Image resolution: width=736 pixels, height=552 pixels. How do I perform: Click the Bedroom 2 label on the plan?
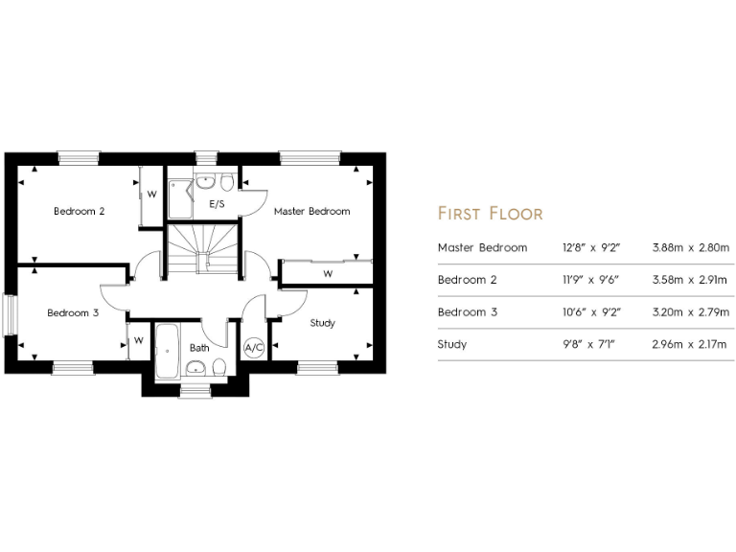tap(79, 211)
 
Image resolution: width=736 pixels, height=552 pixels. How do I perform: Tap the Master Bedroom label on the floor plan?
tap(311, 211)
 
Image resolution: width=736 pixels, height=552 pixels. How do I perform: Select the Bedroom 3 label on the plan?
tap(73, 312)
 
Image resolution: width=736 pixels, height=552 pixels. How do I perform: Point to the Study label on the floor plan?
tap(323, 323)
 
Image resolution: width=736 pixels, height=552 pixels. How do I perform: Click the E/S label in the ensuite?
tap(217, 205)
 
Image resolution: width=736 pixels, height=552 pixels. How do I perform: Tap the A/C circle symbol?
tap(254, 348)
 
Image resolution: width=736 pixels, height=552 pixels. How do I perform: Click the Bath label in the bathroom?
tap(199, 348)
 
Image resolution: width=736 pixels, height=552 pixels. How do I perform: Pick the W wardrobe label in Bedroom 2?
tap(151, 195)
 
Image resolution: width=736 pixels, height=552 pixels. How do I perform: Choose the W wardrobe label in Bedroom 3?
tap(139, 340)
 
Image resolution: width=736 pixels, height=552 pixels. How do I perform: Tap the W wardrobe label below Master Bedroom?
tap(328, 274)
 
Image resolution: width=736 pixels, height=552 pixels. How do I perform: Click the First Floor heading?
tap(490, 213)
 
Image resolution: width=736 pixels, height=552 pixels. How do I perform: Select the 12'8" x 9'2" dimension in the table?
tap(591, 247)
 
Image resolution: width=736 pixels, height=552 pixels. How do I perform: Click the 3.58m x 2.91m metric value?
tap(690, 280)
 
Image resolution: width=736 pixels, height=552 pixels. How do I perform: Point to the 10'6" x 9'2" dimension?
tap(591, 312)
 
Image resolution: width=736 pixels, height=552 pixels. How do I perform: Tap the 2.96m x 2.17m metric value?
tap(690, 344)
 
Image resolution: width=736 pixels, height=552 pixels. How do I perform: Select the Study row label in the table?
tap(452, 344)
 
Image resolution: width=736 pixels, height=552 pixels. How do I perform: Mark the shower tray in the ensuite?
tap(180, 198)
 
